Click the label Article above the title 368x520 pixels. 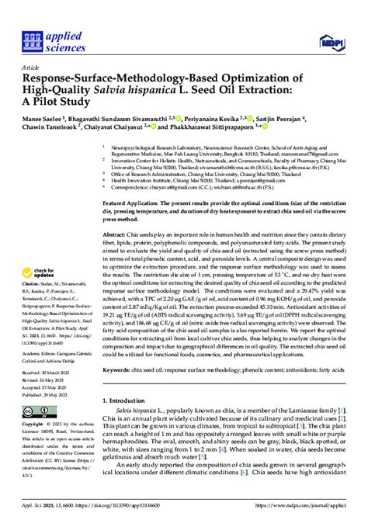[x=33, y=68]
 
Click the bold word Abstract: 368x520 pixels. [x=116, y=234]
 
